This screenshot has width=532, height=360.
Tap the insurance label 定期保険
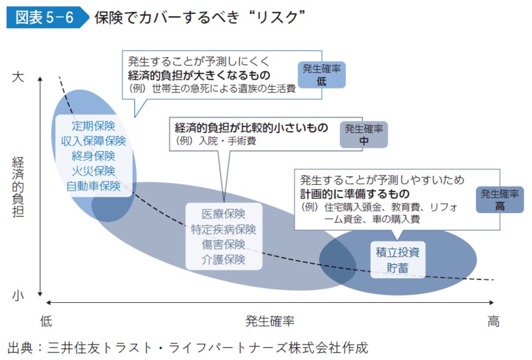[94, 126]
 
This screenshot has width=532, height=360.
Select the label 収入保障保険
[94, 140]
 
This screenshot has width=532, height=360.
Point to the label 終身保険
[94, 156]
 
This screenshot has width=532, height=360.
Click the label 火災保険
[94, 171]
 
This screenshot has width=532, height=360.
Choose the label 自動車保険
[94, 186]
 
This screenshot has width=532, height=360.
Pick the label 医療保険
[223, 214]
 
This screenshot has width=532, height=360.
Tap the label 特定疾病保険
[223, 230]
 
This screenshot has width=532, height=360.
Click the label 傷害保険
[223, 244]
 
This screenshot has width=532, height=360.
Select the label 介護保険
[223, 260]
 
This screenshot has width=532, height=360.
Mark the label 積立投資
[398, 253]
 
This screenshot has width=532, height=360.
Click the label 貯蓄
[398, 268]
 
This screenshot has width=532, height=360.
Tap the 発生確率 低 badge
[322, 74]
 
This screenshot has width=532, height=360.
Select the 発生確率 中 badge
[363, 134]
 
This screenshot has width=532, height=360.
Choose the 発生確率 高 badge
[499, 200]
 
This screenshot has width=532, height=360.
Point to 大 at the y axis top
[18, 77]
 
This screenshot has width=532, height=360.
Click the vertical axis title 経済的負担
[18, 186]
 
